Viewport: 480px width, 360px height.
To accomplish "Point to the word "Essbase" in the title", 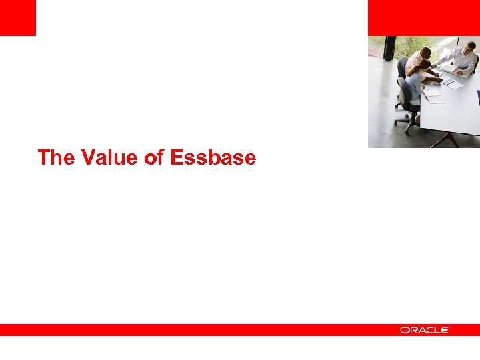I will pos(213,158).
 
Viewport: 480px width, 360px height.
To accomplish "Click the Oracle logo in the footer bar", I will pos(425,330).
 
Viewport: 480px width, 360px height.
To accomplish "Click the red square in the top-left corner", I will pos(17,17).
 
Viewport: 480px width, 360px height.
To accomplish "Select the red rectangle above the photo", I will pos(423,17).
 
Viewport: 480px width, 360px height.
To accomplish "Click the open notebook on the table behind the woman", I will pos(433,96).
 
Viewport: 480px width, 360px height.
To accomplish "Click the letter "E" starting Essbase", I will pos(177,158).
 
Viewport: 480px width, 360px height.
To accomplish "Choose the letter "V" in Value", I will pos(87,158).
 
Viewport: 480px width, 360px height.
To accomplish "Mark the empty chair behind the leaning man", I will pos(402,69).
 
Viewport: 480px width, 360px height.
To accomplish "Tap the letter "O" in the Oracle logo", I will pos(404,330).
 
